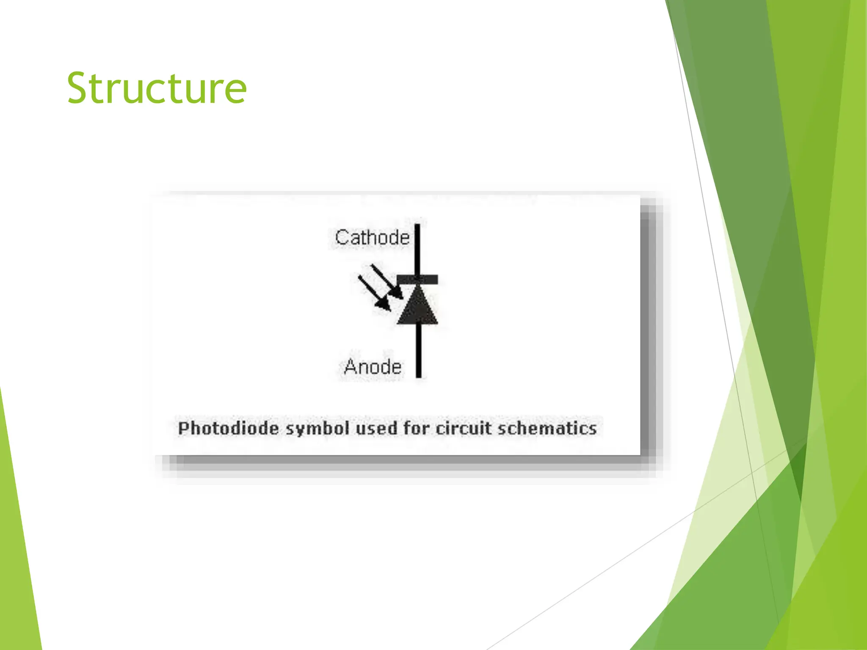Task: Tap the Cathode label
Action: (x=372, y=237)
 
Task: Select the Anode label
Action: (x=373, y=367)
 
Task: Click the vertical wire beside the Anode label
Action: (x=419, y=351)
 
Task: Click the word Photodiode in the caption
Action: (x=229, y=429)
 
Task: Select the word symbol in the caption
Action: (x=318, y=429)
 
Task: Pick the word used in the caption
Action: (x=376, y=428)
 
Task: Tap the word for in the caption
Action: (x=416, y=428)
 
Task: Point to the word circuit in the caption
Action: (x=463, y=428)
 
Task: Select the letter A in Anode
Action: (x=351, y=367)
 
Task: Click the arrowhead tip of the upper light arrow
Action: (x=400, y=297)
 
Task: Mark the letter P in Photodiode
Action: (x=183, y=428)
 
